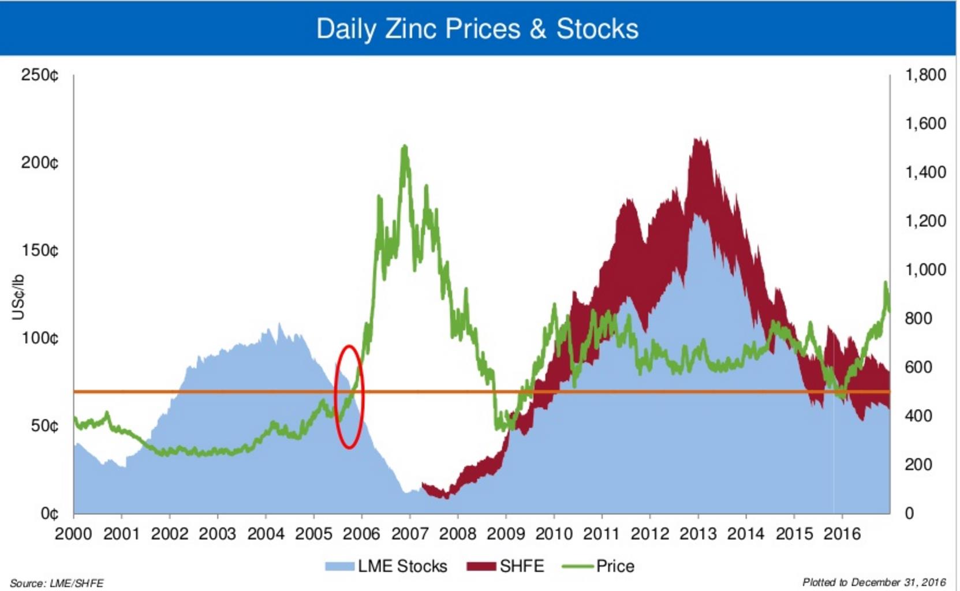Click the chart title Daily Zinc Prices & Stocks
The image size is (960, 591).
(x=477, y=29)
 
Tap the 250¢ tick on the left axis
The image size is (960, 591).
(x=40, y=75)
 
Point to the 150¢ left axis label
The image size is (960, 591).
(x=40, y=250)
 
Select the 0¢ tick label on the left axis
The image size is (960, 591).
(x=49, y=513)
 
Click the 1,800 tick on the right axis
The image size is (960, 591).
(x=925, y=75)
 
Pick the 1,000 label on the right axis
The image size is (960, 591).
(x=925, y=270)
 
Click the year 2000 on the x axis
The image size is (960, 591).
(x=73, y=534)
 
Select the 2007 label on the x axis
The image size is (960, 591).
(x=409, y=534)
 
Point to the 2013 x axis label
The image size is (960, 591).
(x=697, y=534)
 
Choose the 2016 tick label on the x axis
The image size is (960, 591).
(x=842, y=534)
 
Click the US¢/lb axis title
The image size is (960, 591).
(x=18, y=297)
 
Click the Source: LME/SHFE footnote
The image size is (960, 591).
(x=57, y=583)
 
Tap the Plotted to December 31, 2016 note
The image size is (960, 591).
(x=873, y=582)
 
